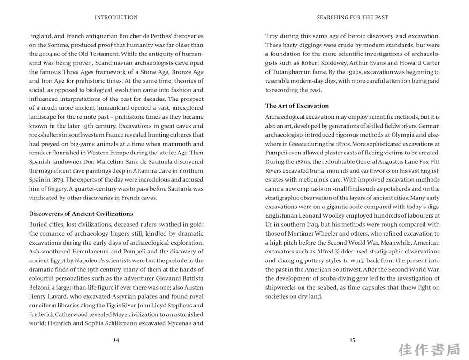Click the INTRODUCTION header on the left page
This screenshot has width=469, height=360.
pyautogui.click(x=116, y=18)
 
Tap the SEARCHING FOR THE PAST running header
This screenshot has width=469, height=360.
pyautogui.click(x=352, y=18)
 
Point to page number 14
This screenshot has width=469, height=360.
pyautogui.click(x=116, y=340)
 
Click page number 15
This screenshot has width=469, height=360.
pyautogui.click(x=352, y=340)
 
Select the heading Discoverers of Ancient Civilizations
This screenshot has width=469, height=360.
pyautogui.click(x=81, y=214)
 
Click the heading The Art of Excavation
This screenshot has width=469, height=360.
pyautogui.click(x=297, y=106)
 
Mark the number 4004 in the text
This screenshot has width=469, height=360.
pyautogui.click(x=54, y=54)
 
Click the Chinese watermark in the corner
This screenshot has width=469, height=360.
pyautogui.click(x=429, y=350)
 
